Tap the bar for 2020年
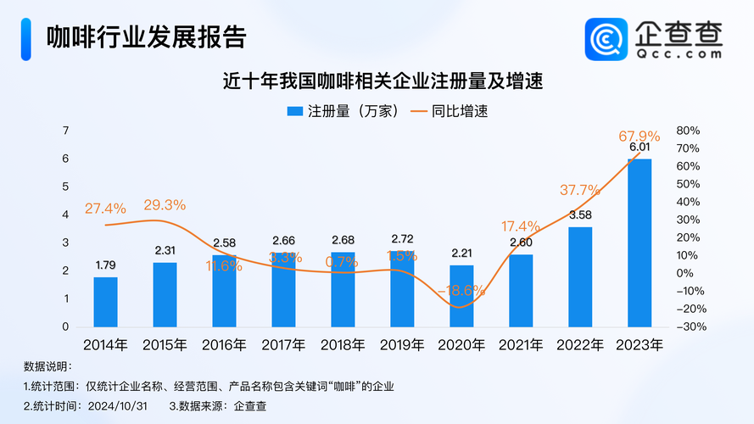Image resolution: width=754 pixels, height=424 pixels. click(461, 296)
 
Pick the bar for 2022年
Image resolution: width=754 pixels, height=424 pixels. click(580, 276)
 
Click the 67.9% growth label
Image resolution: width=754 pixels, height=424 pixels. click(640, 137)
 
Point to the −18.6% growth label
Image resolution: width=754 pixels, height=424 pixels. click(461, 290)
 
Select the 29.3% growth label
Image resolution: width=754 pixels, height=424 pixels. click(165, 205)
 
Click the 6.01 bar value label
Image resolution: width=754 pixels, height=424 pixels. click(640, 148)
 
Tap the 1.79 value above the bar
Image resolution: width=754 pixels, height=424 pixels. click(106, 265)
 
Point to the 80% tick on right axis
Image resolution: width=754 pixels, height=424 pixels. click(687, 131)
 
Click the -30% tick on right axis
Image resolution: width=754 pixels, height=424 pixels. click(685, 326)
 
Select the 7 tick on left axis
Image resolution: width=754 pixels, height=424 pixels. click(65, 131)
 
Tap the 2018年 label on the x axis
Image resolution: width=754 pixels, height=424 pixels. click(343, 345)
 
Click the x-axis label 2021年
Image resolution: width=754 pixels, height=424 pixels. click(521, 345)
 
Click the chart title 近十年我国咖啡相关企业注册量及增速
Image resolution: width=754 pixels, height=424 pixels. click(383, 81)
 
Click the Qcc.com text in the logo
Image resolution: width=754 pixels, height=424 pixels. click(679, 53)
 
